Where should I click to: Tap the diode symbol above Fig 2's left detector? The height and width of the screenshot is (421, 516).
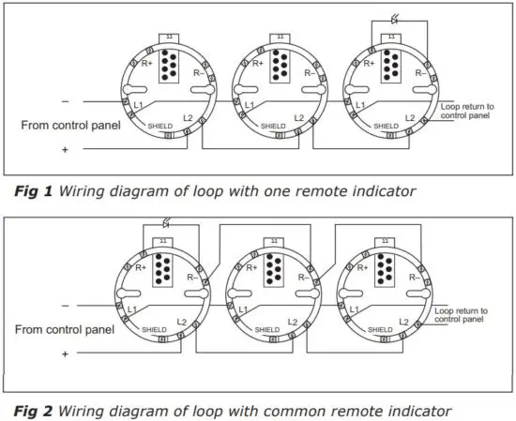165,225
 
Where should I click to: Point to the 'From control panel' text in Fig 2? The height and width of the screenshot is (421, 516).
62,330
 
